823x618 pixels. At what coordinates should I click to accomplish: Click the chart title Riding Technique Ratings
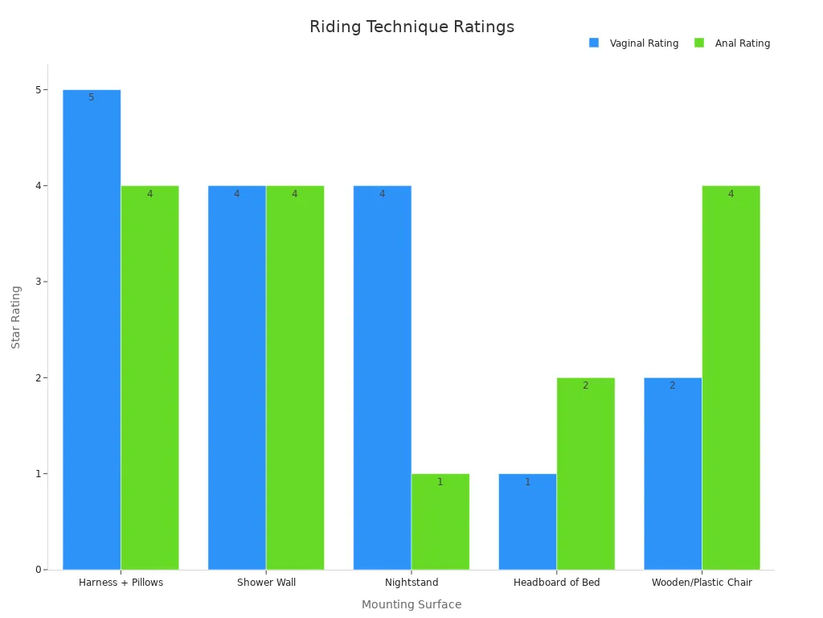coord(411,27)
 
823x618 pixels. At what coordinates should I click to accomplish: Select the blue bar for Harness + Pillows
coord(92,330)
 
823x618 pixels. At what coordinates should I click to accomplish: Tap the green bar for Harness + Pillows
coord(149,377)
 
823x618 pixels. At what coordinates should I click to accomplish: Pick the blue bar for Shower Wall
coord(237,377)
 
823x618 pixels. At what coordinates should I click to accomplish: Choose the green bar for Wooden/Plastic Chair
coord(731,377)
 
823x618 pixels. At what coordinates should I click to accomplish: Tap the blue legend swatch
coord(594,43)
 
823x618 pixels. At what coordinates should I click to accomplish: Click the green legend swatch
coord(699,43)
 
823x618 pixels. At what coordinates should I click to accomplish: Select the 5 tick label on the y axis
coord(37,90)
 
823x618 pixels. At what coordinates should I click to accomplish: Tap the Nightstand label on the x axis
coord(411,583)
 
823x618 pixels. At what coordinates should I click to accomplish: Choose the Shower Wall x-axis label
coord(266,583)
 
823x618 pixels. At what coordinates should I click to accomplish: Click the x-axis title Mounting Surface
coord(411,605)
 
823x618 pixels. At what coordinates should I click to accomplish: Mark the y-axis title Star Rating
coord(16,317)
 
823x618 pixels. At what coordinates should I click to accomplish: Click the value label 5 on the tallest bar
coord(92,98)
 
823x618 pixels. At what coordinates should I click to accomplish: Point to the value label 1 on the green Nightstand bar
coord(440,483)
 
